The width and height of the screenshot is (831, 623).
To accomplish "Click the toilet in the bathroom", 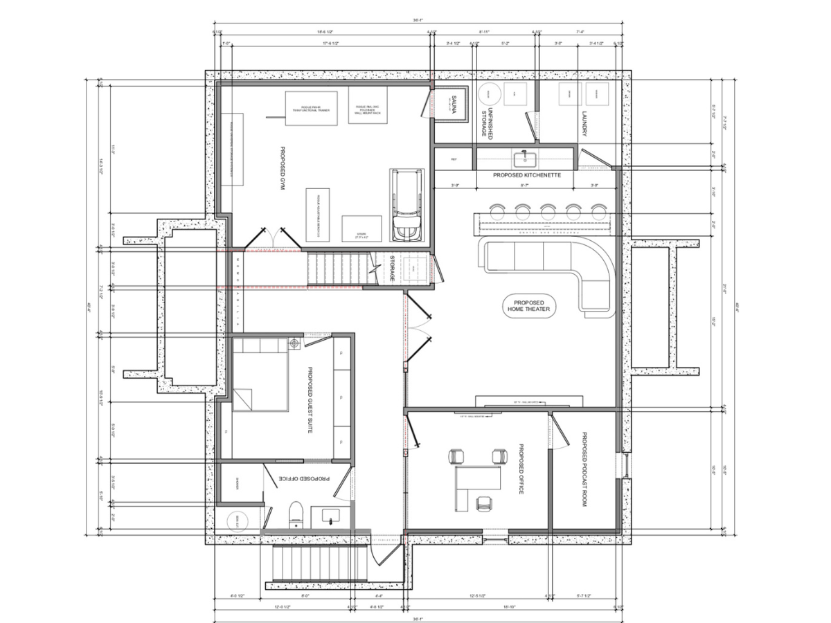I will (296, 514).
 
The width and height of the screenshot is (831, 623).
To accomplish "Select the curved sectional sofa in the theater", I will (554, 270).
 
